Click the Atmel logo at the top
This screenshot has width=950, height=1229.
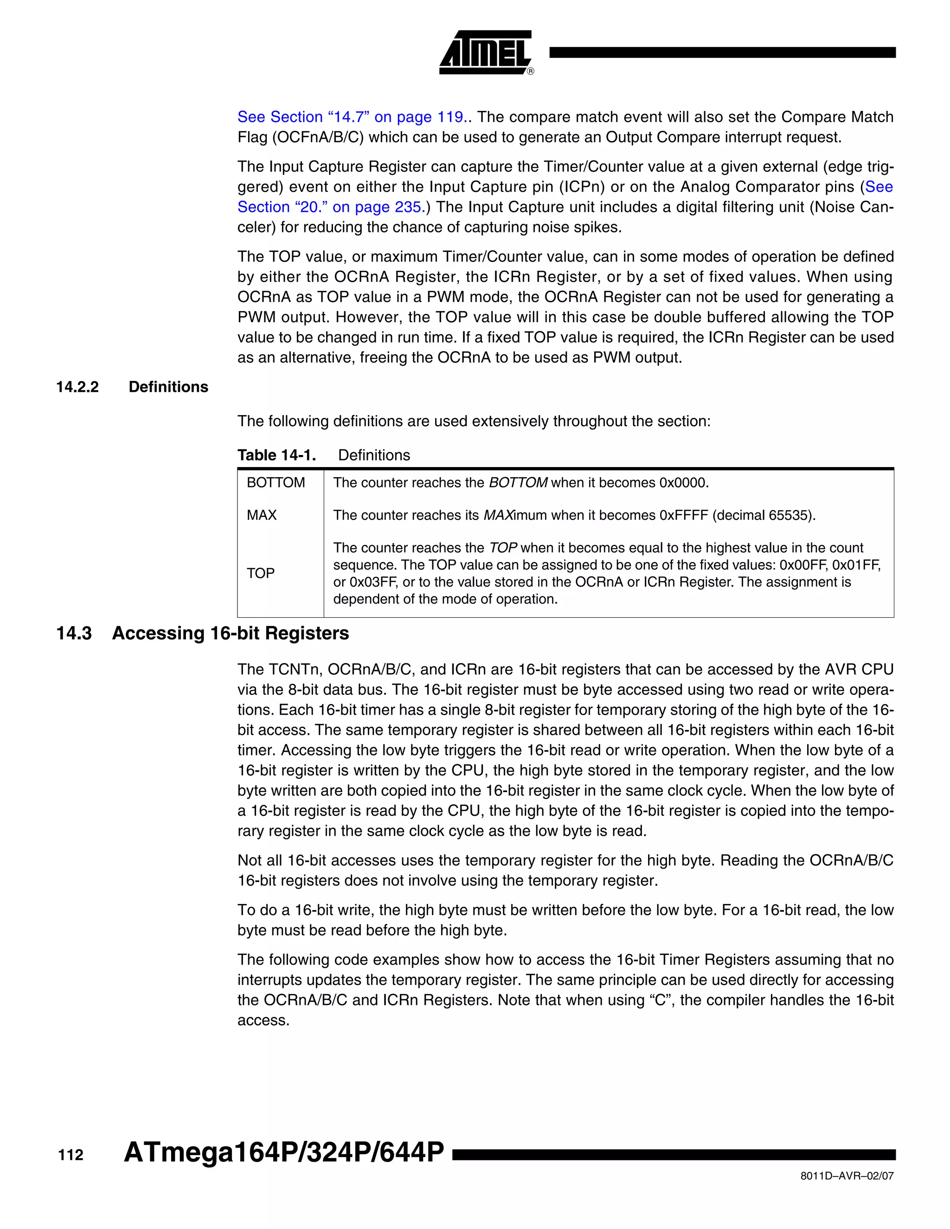[x=486, y=52]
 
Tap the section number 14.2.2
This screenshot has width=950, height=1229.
[x=77, y=387]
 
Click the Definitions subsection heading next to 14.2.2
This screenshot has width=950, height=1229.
[x=168, y=387]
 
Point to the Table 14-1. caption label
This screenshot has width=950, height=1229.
[x=276, y=455]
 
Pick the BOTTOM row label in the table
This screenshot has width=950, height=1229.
[x=276, y=483]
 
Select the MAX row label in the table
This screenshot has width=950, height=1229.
[x=262, y=515]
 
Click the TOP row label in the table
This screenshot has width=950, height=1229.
[x=261, y=573]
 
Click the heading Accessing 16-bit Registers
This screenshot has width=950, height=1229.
[x=230, y=634]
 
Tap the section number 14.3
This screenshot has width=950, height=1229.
[x=74, y=634]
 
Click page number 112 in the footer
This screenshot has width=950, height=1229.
[x=71, y=1155]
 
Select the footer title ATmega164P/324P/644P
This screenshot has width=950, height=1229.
[x=283, y=1152]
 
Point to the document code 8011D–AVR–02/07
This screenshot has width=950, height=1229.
[x=847, y=1176]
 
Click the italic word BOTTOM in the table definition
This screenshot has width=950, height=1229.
[x=518, y=483]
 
